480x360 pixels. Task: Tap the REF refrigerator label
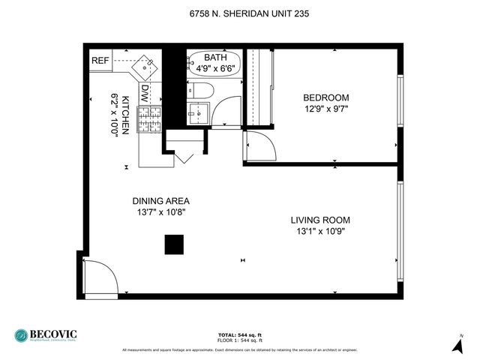[x=100, y=61]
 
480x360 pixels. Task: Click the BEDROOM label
[x=325, y=97]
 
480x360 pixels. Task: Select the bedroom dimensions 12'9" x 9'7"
[x=325, y=109]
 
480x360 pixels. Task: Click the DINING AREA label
[x=160, y=201]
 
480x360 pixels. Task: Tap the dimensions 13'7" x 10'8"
[x=160, y=212]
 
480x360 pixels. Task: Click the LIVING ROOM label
[x=320, y=220]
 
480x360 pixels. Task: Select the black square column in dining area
[x=174, y=245]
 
